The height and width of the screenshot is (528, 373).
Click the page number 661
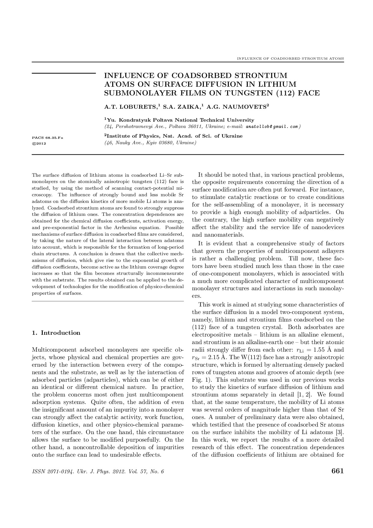(x=338, y=471)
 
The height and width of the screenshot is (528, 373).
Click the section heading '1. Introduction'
(x=56, y=333)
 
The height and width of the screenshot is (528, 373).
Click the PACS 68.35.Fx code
(x=48, y=138)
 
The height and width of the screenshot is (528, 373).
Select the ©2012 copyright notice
(x=39, y=143)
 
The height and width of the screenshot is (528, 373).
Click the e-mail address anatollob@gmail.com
(x=272, y=127)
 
